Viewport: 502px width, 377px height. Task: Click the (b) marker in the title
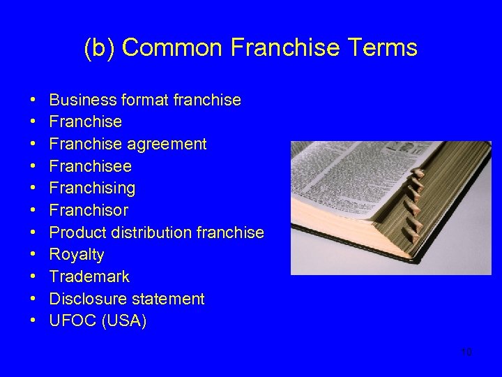coord(100,47)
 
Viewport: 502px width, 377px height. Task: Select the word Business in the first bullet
coord(79,100)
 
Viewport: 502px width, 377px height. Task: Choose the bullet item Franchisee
coord(90,166)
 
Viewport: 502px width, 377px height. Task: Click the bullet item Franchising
coord(92,188)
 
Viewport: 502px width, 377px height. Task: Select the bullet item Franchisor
coord(89,210)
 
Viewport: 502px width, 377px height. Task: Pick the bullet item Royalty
coord(77,255)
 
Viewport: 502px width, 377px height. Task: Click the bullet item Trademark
coord(89,276)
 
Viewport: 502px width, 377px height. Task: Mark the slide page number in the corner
coord(466,352)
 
